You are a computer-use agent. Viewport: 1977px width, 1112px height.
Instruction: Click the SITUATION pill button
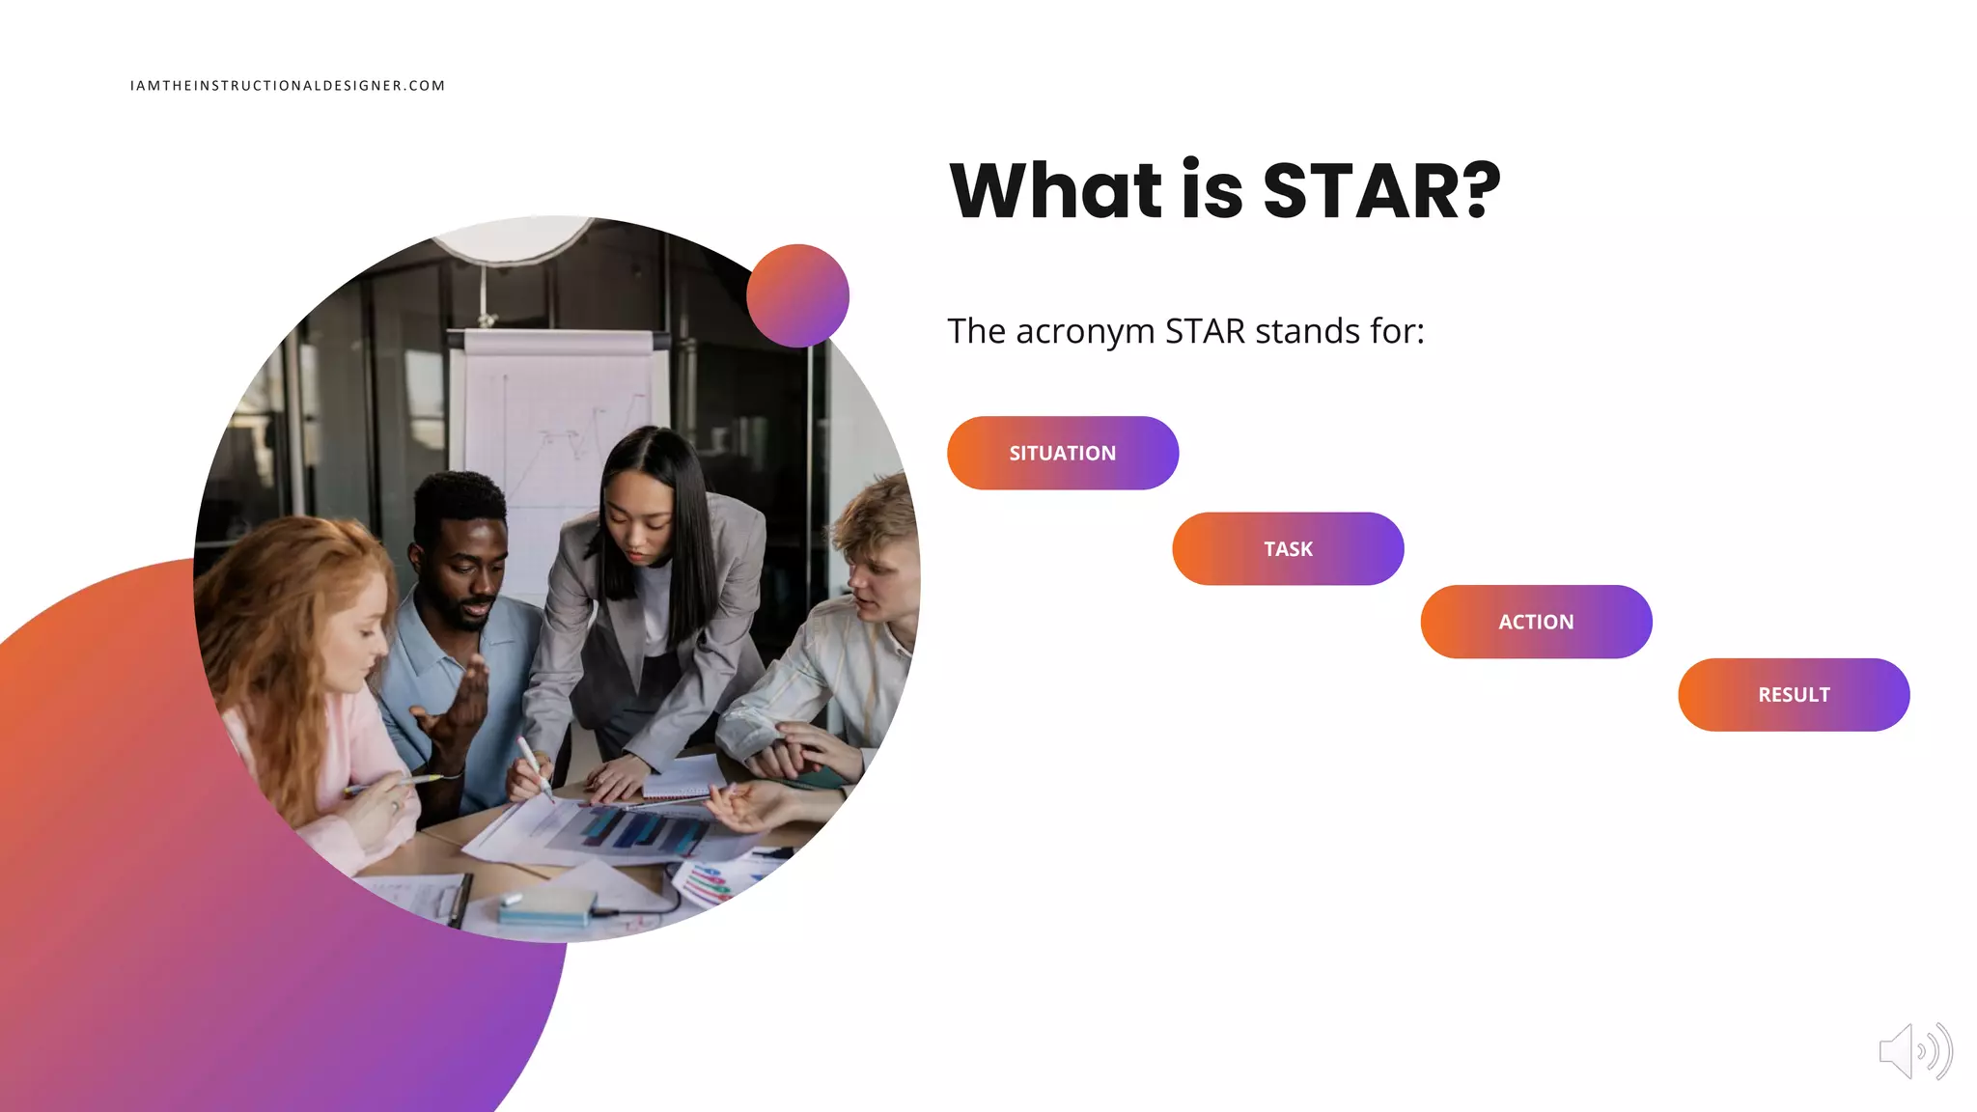(x=1062, y=453)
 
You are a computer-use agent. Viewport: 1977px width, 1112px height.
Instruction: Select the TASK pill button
(x=1288, y=548)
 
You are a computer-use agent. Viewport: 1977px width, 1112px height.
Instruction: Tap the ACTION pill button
(x=1536, y=622)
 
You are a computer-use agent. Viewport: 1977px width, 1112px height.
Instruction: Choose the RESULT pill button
(x=1794, y=695)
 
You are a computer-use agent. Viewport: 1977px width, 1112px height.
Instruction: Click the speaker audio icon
(x=1915, y=1051)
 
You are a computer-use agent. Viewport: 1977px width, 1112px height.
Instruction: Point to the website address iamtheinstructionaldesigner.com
(x=288, y=86)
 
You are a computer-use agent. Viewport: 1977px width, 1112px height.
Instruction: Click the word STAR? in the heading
(x=1380, y=191)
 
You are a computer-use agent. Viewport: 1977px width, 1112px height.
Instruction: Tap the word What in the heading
(x=1056, y=191)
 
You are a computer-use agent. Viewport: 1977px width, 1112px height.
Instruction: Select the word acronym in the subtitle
(x=1085, y=332)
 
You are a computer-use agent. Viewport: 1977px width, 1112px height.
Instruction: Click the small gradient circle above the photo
(x=797, y=295)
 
